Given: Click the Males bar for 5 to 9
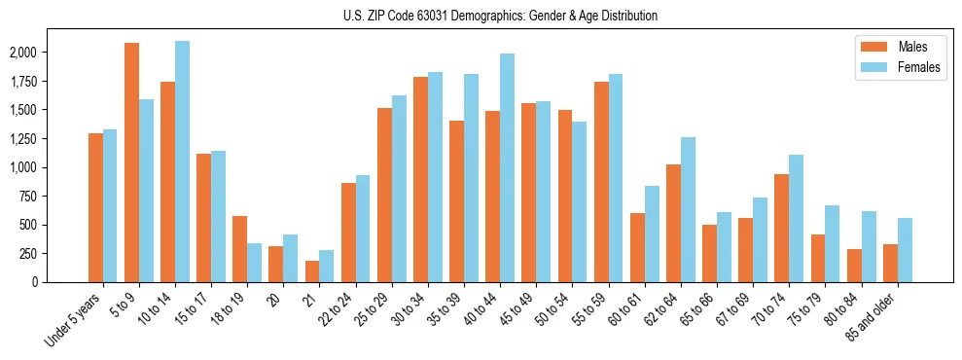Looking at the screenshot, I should pyautogui.click(x=131, y=162).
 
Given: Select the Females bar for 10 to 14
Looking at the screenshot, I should pyautogui.click(x=182, y=162).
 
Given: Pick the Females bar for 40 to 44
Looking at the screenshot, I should pyautogui.click(x=507, y=167).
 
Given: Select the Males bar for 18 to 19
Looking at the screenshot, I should pyautogui.click(x=240, y=249).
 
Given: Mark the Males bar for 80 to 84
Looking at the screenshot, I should pyautogui.click(x=854, y=266).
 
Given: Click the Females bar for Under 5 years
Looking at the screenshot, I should pyautogui.click(x=110, y=205).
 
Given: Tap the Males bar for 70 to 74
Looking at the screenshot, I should pyautogui.click(x=782, y=228).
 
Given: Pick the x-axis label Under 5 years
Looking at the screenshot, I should pyautogui.click(x=73, y=321).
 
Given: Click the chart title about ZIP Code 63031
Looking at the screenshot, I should pyautogui.click(x=500, y=16).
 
